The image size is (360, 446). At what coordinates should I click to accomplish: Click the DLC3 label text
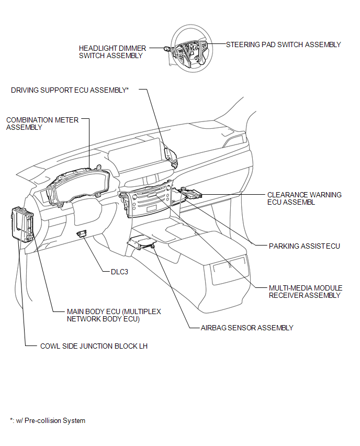(x=119, y=272)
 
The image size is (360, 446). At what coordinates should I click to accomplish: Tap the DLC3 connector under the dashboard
(x=82, y=233)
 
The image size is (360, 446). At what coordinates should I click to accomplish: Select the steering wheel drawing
(x=192, y=48)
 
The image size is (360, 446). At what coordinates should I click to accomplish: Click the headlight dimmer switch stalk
(x=167, y=49)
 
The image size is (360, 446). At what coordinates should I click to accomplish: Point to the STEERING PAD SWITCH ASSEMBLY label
(x=283, y=44)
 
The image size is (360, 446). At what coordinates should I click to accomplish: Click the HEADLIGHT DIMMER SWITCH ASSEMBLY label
(x=113, y=52)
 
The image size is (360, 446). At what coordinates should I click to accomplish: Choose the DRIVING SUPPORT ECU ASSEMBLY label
(x=70, y=90)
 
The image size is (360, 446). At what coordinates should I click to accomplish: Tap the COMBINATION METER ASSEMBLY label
(x=42, y=124)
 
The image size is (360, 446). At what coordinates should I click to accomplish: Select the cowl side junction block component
(x=22, y=225)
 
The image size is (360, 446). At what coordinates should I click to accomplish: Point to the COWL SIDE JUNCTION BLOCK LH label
(x=94, y=346)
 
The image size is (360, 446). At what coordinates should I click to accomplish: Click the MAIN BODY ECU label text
(x=114, y=315)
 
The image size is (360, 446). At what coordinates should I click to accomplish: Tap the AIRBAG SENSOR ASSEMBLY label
(x=247, y=328)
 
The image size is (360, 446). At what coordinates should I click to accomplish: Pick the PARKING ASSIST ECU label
(x=304, y=246)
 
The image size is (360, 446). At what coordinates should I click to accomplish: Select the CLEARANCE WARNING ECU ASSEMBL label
(x=304, y=198)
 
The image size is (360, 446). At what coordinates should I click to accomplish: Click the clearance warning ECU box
(x=192, y=194)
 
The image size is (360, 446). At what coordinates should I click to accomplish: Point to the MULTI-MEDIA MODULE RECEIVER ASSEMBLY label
(x=306, y=292)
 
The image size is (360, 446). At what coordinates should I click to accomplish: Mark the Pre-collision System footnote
(x=48, y=421)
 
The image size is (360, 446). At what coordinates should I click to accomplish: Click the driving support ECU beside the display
(x=171, y=157)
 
